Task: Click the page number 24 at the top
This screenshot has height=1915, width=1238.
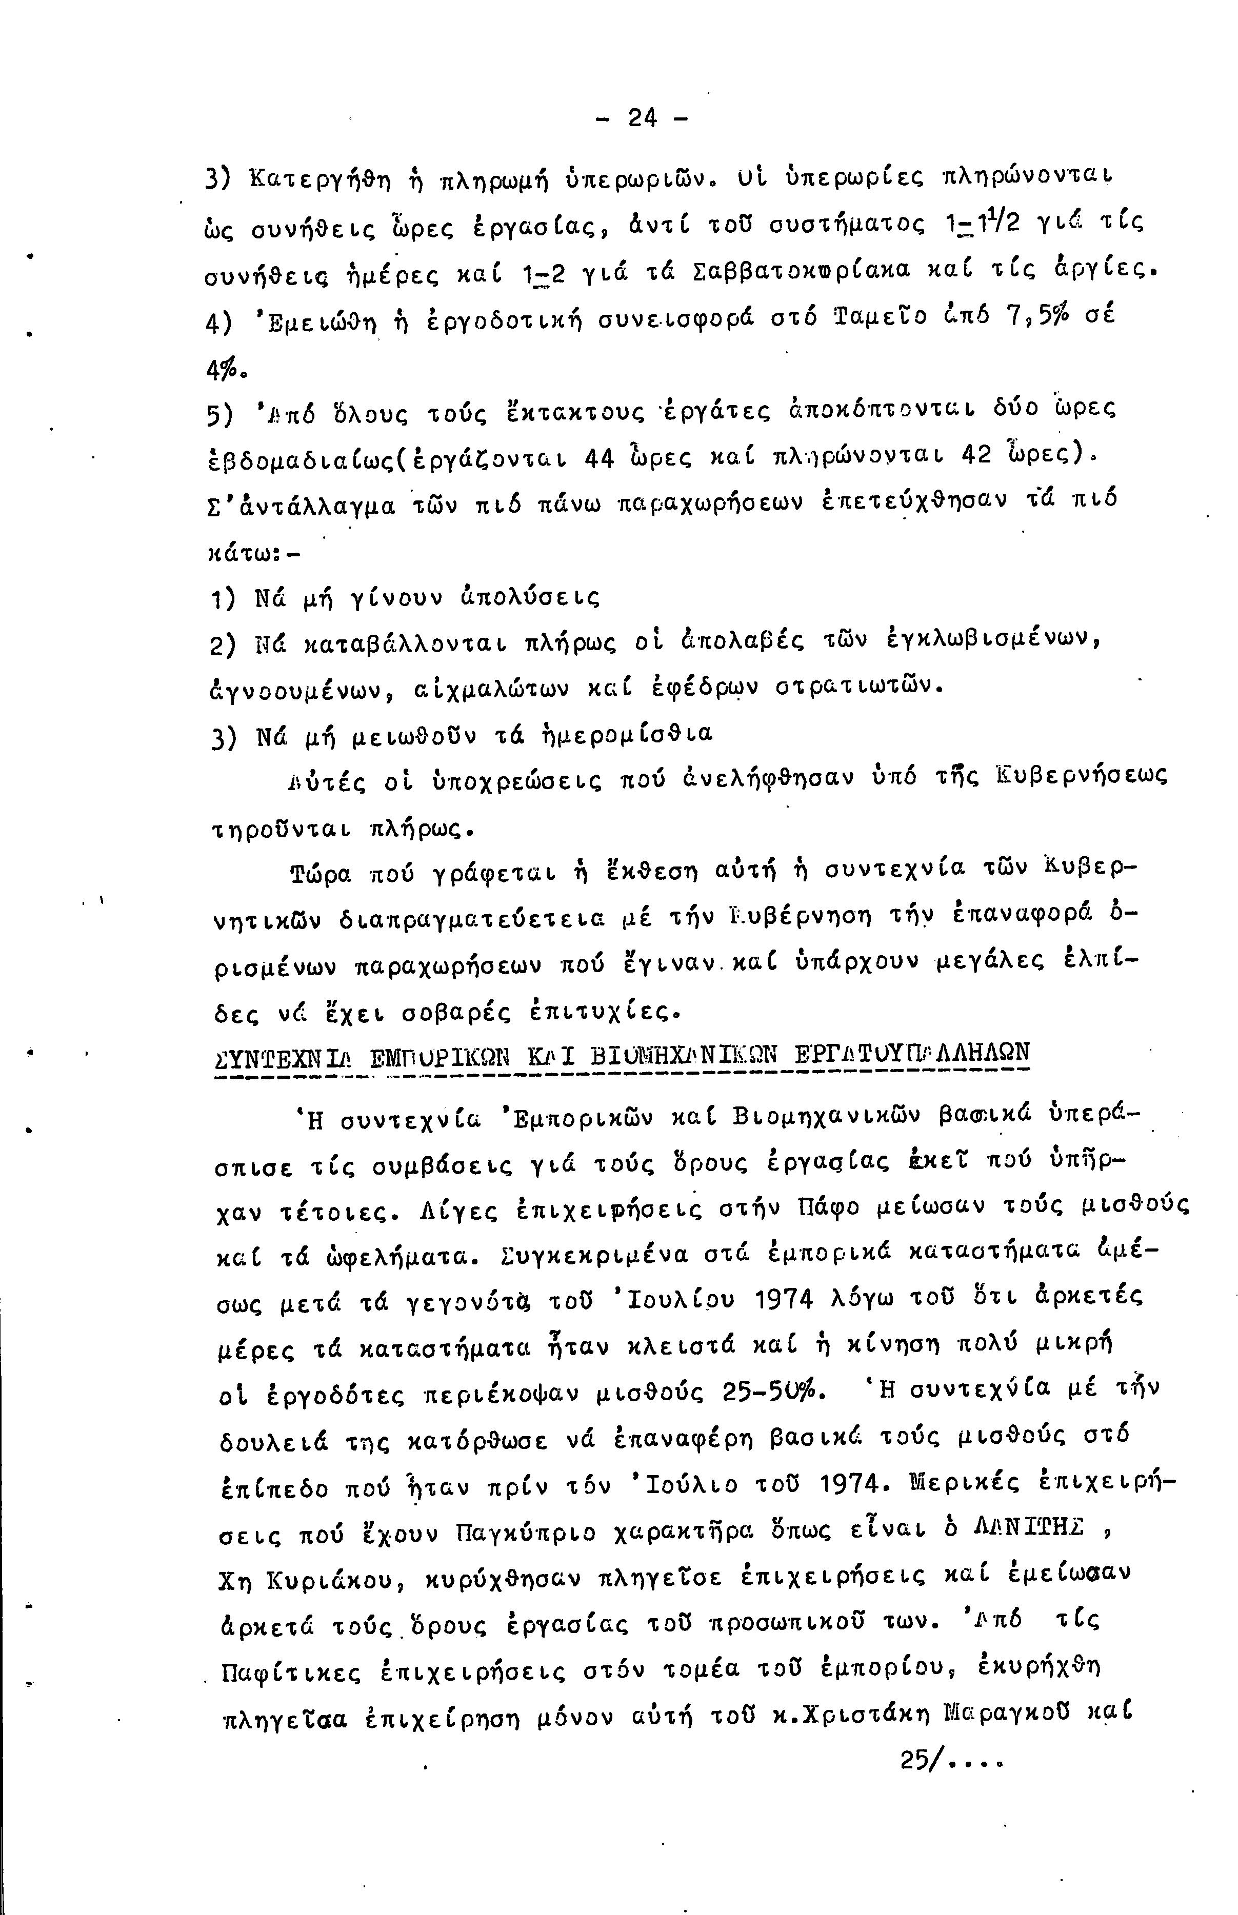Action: click(x=642, y=119)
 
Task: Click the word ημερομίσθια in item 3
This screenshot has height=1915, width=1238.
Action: click(x=631, y=735)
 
